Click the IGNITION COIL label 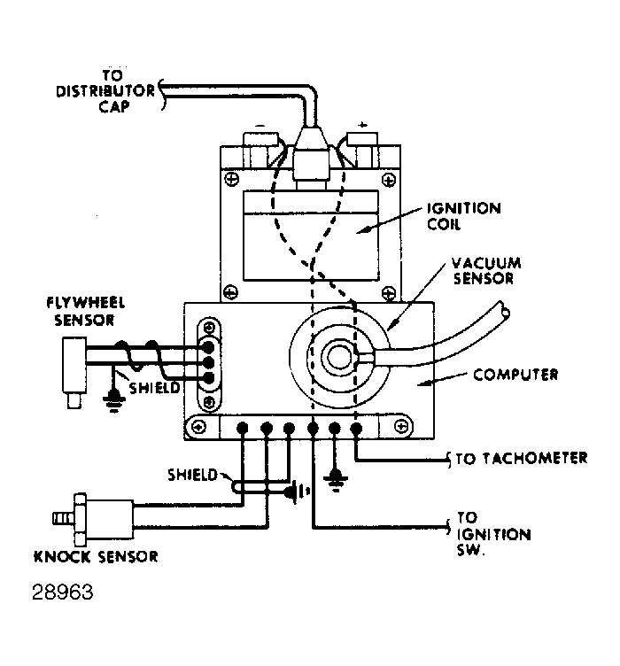coord(463,216)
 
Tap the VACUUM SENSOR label coord(485,271)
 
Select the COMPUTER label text coord(515,375)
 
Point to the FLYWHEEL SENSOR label coord(85,312)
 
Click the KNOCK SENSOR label coord(96,556)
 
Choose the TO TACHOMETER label coord(522,458)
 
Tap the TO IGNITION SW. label coord(493,533)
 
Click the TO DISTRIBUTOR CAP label coord(106,91)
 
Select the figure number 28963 coord(62,592)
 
